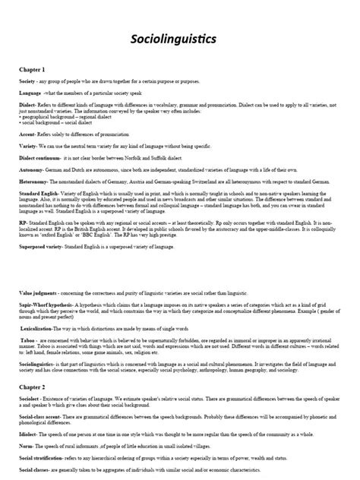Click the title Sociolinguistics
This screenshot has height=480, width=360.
(180, 37)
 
